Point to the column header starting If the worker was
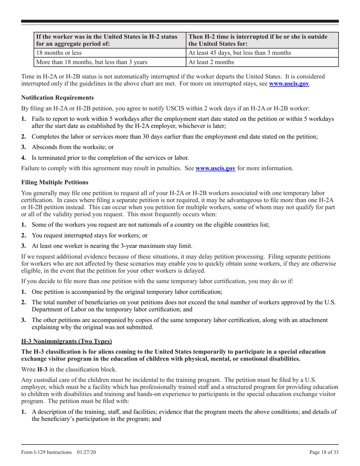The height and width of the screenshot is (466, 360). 106,40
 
